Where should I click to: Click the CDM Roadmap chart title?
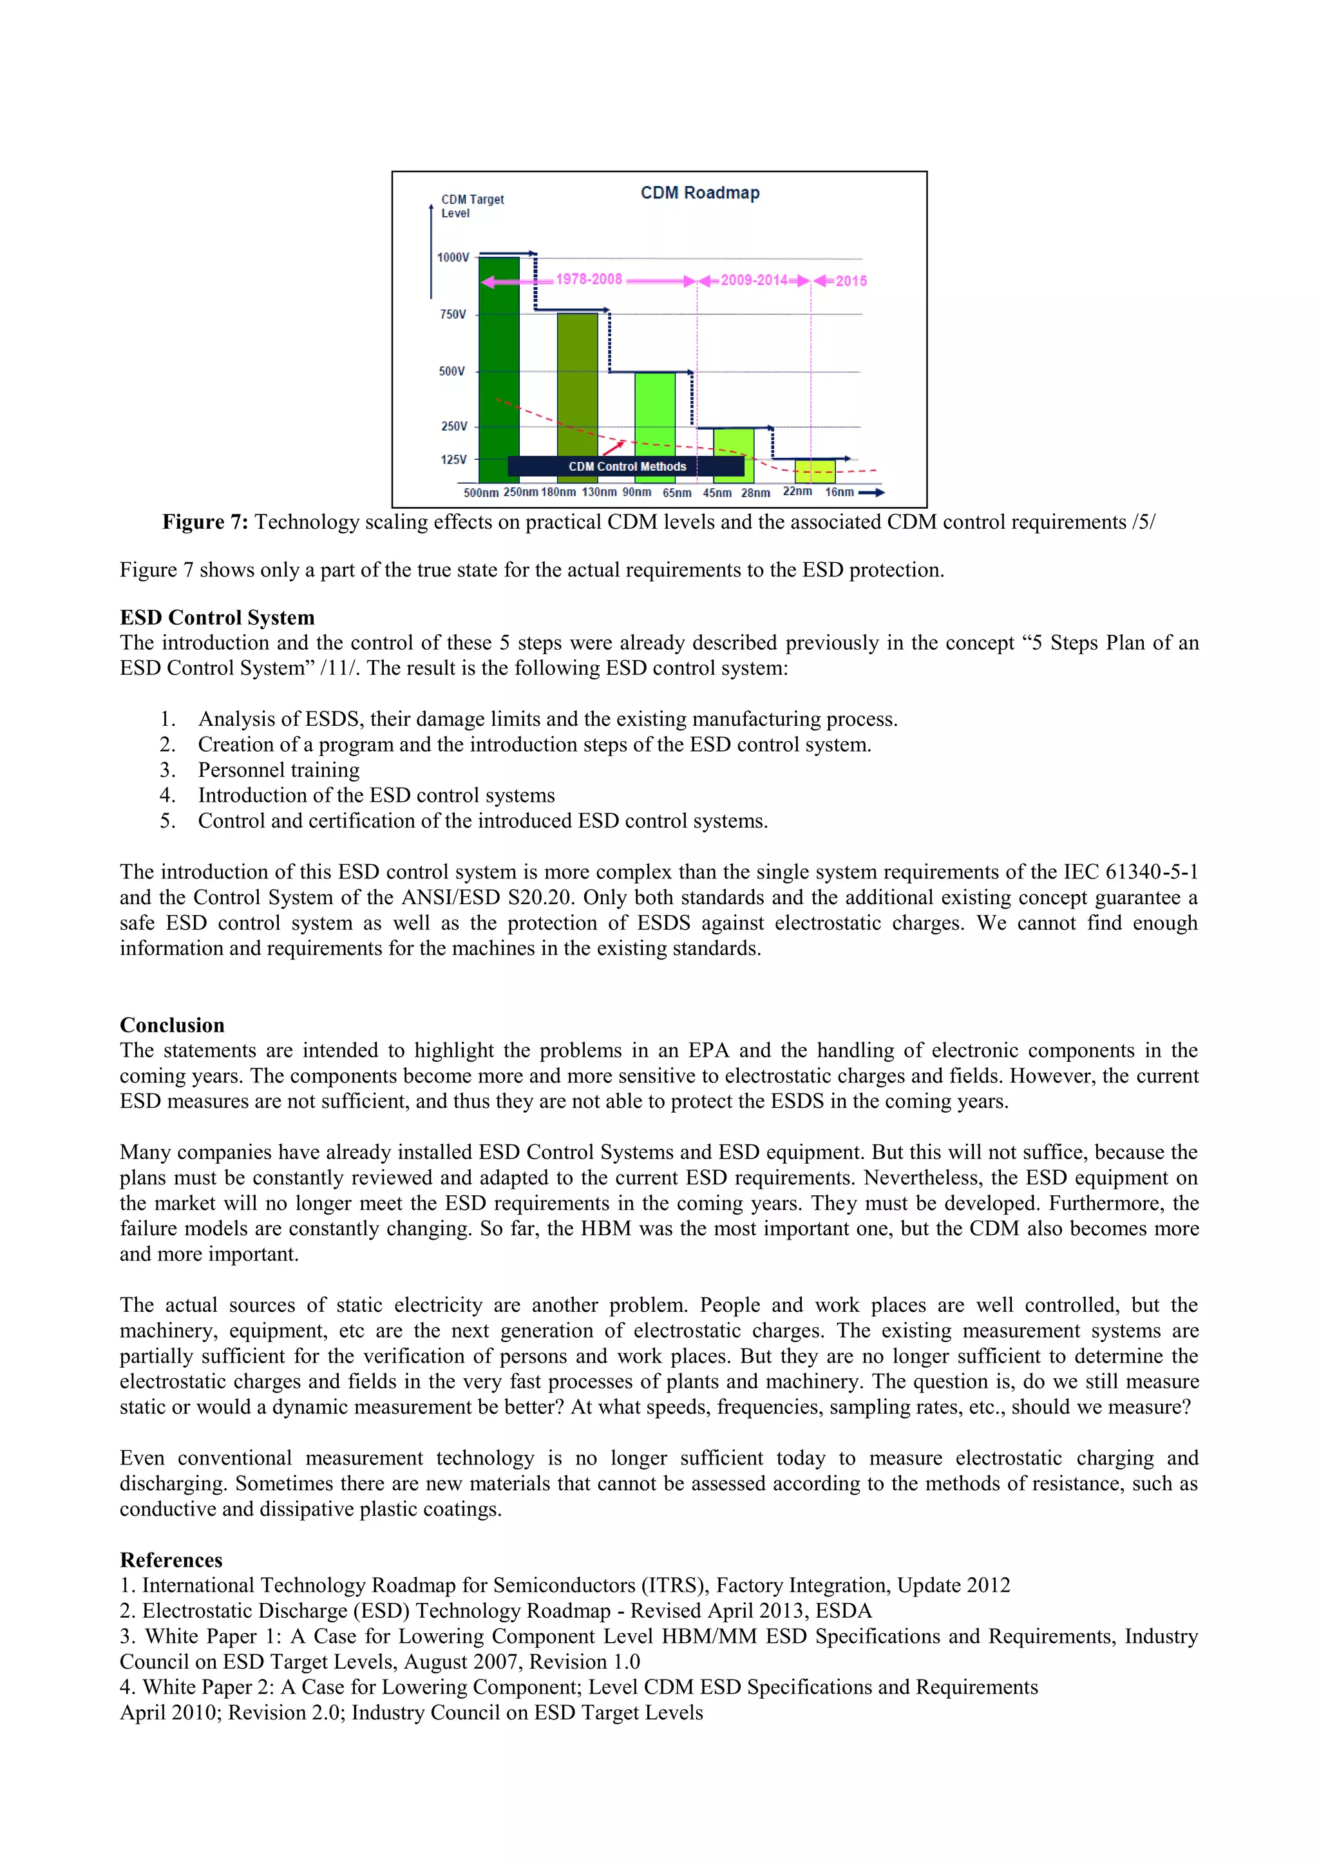[699, 193]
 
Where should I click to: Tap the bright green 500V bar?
[654, 414]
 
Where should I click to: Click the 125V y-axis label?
[453, 460]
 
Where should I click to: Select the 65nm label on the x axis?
[676, 493]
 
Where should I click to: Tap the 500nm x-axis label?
[481, 493]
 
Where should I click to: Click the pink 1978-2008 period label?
[589, 279]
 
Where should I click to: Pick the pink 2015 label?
[851, 281]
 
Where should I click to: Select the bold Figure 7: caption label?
[205, 522]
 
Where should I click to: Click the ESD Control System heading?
[217, 618]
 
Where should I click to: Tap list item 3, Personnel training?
[279, 770]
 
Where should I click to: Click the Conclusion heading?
[172, 1025]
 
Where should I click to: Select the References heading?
[171, 1560]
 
